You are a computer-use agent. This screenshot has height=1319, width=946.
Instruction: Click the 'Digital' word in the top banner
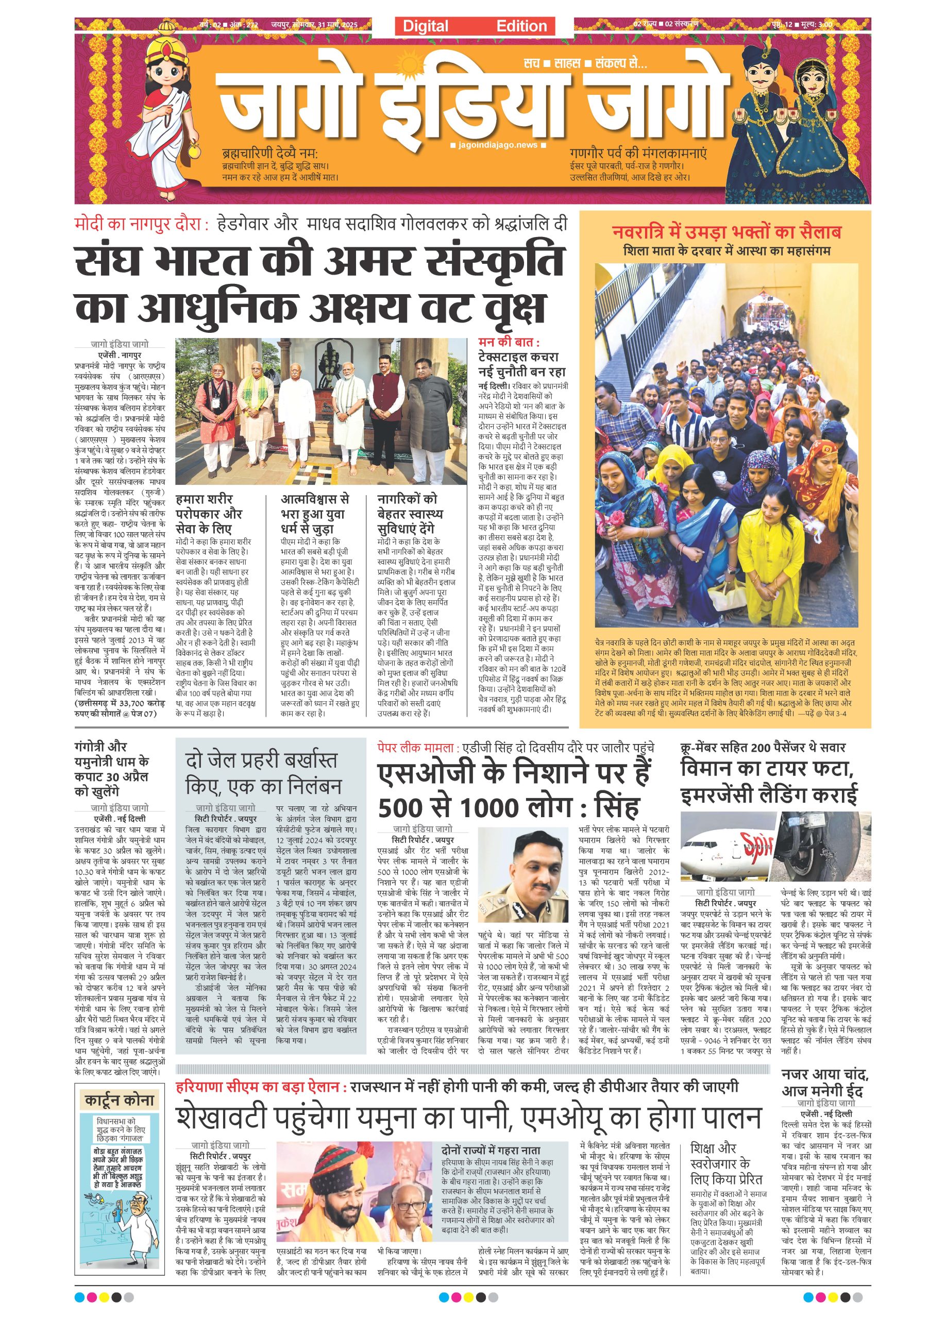click(425, 26)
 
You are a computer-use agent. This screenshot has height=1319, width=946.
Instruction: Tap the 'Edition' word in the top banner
click(521, 26)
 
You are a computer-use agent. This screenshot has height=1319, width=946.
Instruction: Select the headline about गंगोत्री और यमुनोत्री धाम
click(112, 768)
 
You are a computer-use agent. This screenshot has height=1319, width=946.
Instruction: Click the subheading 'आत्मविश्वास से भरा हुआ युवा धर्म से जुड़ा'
click(315, 514)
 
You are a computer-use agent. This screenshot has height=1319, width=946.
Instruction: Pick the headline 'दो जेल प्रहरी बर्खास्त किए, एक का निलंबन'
click(263, 773)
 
